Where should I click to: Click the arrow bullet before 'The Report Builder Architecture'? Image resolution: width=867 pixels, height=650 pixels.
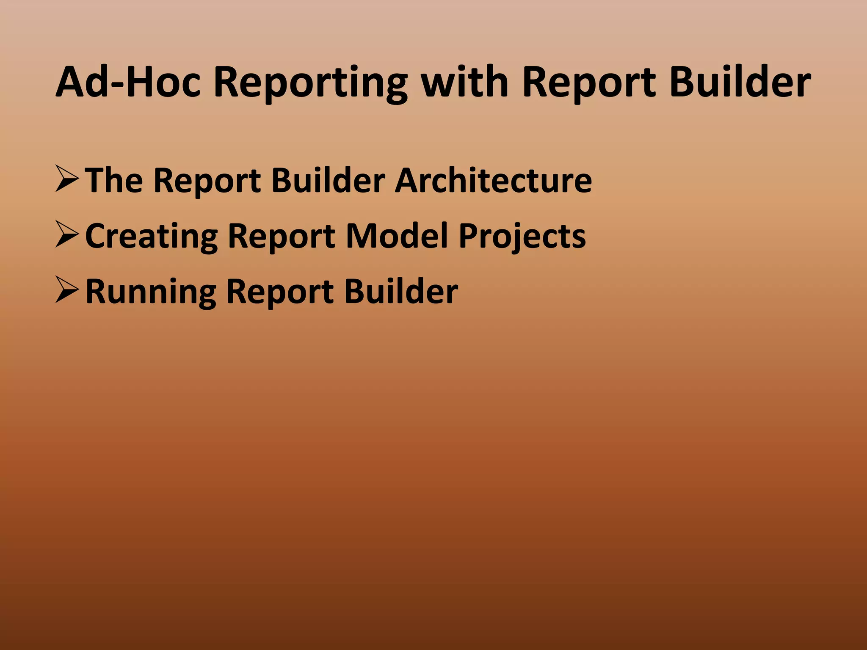point(67,180)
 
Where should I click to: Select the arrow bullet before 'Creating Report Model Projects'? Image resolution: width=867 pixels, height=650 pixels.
point(67,236)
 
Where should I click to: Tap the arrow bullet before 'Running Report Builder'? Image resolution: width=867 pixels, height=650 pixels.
point(67,291)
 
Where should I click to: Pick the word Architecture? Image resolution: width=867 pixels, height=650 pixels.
point(493,180)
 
